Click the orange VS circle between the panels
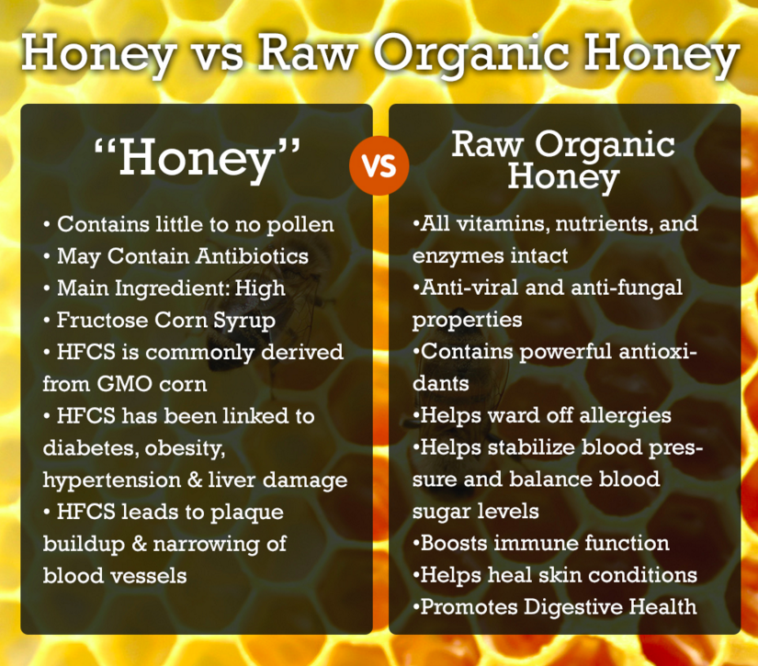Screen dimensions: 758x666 click(379, 165)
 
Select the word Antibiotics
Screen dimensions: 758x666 click(252, 255)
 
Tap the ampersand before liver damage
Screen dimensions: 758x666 click(195, 480)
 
